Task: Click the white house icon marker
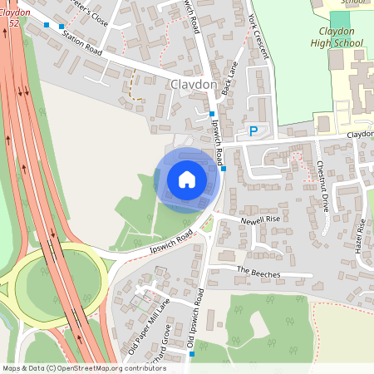[187, 180]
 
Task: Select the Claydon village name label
[193, 85]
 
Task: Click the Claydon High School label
[337, 37]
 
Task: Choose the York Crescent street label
[259, 34]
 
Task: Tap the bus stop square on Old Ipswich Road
[192, 354]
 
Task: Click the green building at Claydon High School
[341, 19]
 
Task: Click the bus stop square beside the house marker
[224, 169]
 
